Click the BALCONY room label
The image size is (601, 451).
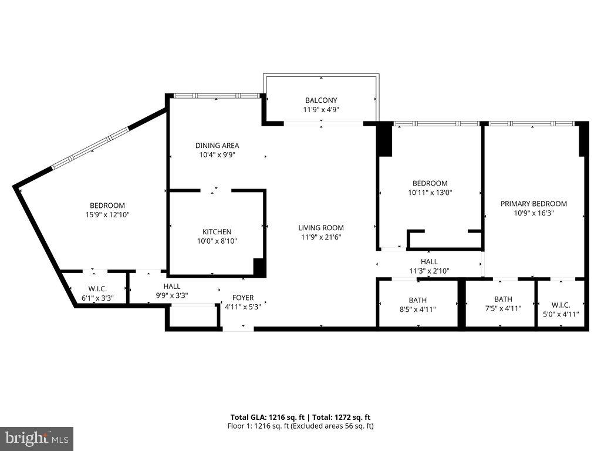321,100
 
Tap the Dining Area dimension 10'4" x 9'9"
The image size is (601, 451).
217,155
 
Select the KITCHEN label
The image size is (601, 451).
217,232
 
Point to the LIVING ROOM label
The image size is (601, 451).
321,228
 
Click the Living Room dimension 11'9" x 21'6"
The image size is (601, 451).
321,237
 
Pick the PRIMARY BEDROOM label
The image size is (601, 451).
534,204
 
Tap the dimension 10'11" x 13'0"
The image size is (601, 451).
430,192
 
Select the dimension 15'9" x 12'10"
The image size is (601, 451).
107,215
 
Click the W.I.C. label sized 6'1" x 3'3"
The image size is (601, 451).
96,288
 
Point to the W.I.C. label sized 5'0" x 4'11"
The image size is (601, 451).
561,305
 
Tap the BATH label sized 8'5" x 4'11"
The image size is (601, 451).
417,299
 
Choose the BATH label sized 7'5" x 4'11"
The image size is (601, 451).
503,299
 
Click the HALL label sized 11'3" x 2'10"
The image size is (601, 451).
429,261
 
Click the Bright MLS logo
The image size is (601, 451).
36,438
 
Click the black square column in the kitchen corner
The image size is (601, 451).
259,267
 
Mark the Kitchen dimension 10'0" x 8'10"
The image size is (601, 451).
217,241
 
